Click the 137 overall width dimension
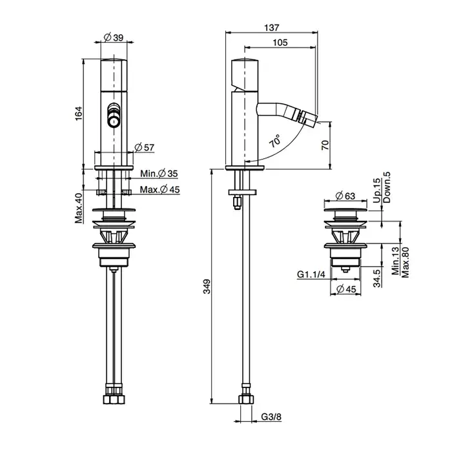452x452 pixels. pyautogui.click(x=272, y=28)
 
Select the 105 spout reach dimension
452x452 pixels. pyautogui.click(x=280, y=43)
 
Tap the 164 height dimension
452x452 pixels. pyautogui.click(x=79, y=114)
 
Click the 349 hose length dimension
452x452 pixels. pyautogui.click(x=207, y=287)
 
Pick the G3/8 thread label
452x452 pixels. pyautogui.click(x=271, y=417)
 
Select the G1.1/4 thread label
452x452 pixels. pyautogui.click(x=311, y=274)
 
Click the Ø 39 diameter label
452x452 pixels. pyautogui.click(x=114, y=37)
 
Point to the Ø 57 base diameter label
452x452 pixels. pyautogui.click(x=145, y=148)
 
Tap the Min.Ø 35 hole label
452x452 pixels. pyautogui.click(x=159, y=174)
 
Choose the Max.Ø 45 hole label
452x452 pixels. pyautogui.click(x=159, y=190)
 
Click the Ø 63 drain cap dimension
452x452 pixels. pyautogui.click(x=345, y=196)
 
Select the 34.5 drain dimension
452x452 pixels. pyautogui.click(x=377, y=278)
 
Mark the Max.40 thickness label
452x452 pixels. pyautogui.click(x=79, y=208)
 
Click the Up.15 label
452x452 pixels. pyautogui.click(x=376, y=190)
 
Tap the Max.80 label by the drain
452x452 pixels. pyautogui.click(x=405, y=262)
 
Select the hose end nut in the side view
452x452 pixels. pyautogui.click(x=246, y=399)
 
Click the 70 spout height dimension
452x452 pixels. pyautogui.click(x=325, y=145)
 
